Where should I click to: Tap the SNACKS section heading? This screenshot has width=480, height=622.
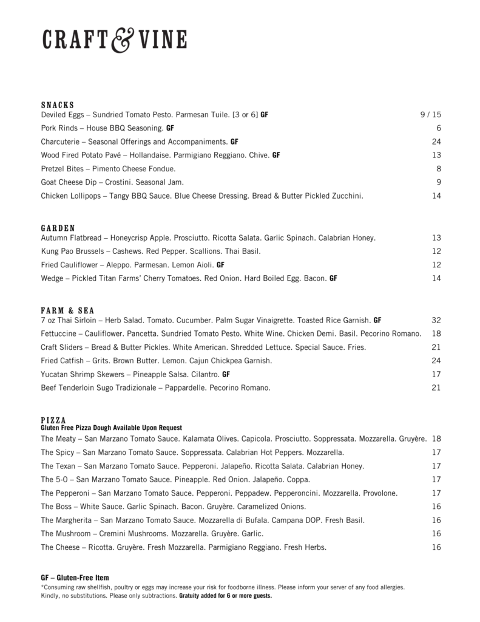point(57,105)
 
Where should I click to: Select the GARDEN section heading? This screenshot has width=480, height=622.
point(58,228)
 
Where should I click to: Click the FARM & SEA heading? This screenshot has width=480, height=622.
point(67,310)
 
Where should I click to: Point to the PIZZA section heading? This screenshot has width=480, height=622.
point(53,420)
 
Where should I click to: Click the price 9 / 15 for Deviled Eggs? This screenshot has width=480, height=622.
point(430,114)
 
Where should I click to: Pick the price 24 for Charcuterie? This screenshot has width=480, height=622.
point(436,142)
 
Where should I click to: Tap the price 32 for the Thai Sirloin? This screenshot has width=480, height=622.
point(436,320)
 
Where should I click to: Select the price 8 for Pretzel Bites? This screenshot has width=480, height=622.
point(438,169)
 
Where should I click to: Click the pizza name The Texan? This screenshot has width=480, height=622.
point(59,466)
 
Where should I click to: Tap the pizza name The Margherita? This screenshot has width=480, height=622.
point(67,521)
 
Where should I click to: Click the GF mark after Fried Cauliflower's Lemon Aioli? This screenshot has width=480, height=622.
point(220,265)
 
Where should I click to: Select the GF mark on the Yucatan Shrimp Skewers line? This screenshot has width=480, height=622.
point(226,374)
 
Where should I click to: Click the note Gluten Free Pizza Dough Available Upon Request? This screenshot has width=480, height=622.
point(111,428)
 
